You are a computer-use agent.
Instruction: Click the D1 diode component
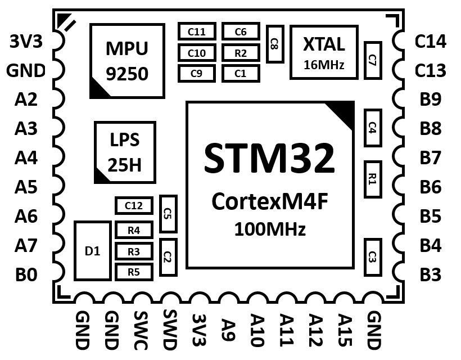point(93,251)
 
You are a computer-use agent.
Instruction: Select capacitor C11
point(197,31)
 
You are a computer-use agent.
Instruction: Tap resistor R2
point(241,53)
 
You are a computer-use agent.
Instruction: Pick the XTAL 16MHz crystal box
point(324,52)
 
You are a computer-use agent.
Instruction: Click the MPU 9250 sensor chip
point(127,61)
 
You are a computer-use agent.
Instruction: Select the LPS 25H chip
point(124,152)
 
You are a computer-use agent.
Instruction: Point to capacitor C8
point(274,43)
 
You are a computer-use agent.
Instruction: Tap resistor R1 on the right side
point(372,179)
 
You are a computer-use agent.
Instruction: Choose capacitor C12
point(134,206)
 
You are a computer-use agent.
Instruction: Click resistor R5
point(134,273)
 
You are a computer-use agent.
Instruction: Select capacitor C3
point(372,257)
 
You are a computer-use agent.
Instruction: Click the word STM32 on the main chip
point(269,158)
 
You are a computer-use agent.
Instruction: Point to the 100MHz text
point(270,229)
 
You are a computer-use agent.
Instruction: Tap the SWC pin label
point(139,330)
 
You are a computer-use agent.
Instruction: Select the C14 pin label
point(430,41)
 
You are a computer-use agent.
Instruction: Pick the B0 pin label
point(26,275)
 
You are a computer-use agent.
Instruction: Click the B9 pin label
point(431,100)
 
